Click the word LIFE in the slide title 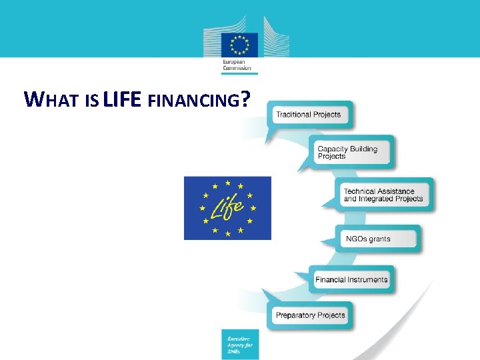tap(122, 99)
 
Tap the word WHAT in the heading tap(51, 101)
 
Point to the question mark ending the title tap(247, 99)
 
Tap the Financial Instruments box tap(351, 279)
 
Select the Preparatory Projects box tap(310, 315)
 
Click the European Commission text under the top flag tap(237, 65)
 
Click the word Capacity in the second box tap(332, 149)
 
